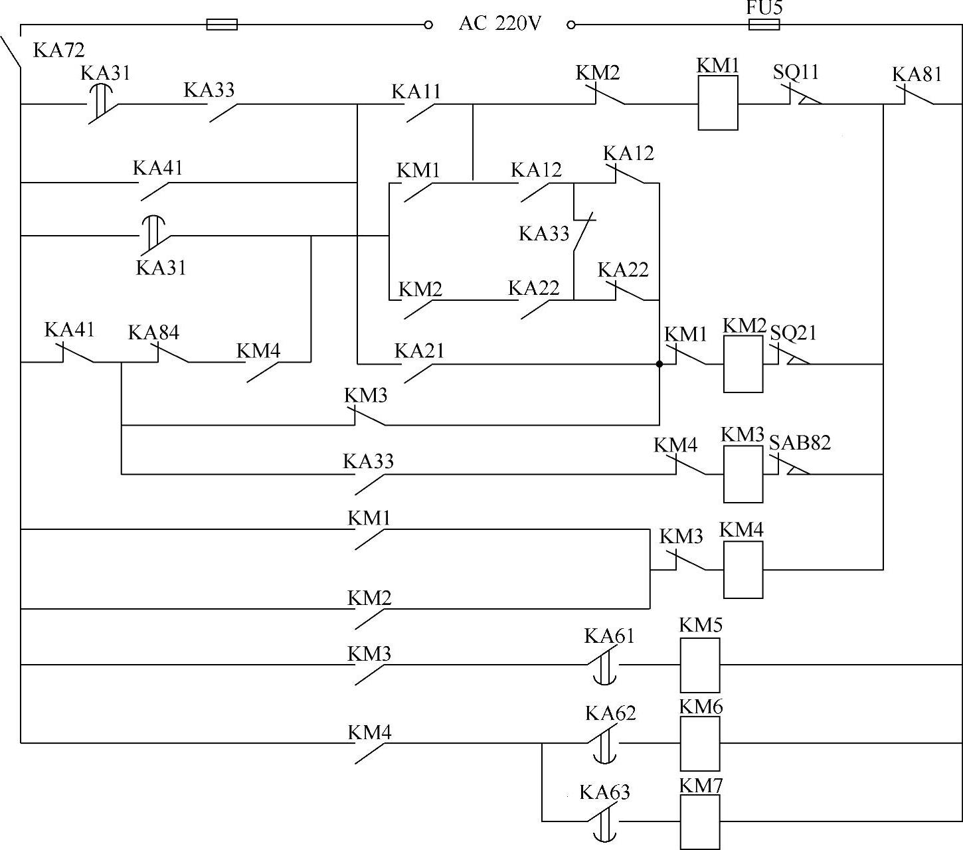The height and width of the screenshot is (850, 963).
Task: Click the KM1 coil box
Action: point(717,103)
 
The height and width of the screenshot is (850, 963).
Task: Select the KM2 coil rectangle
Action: point(743,364)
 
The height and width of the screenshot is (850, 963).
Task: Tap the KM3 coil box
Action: point(743,474)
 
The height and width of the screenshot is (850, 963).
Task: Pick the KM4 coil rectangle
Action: point(743,570)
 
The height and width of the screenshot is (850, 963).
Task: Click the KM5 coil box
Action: point(699,665)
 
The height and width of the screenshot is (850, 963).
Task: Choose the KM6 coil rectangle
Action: point(699,744)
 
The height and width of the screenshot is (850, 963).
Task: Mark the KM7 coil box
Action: point(699,822)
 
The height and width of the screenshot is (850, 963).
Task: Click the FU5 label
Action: point(764,7)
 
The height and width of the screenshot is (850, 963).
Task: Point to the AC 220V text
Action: point(500,24)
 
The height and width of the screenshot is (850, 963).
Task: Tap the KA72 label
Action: point(58,50)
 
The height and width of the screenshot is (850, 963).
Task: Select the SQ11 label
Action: point(796,72)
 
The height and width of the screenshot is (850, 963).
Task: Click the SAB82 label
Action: point(800,442)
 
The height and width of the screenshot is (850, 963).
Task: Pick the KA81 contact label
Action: point(917,74)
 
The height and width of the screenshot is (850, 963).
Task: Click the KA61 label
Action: point(609,636)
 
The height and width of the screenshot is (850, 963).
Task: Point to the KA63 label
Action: point(604,792)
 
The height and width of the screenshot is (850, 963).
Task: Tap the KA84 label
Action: point(153,332)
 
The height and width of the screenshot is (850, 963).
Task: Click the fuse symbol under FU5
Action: point(764,25)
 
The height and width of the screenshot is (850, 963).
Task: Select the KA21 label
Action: point(419,350)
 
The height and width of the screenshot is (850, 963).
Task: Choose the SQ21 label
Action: point(793,332)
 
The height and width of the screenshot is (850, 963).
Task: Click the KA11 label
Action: point(416,91)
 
